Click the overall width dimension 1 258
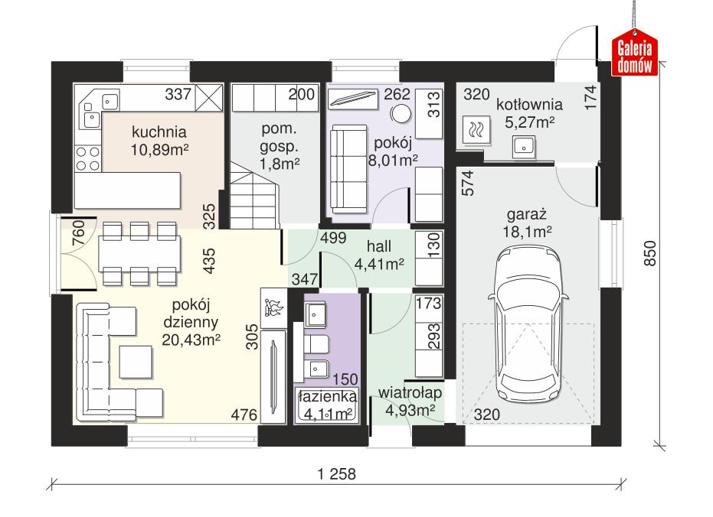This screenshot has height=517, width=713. (x=336, y=474)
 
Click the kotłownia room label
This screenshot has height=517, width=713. (x=528, y=105)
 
